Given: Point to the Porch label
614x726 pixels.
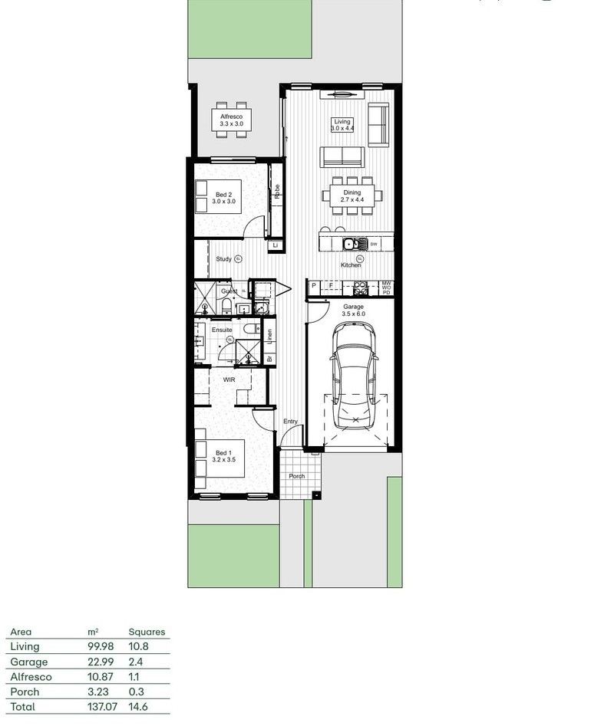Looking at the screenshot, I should pos(297,476).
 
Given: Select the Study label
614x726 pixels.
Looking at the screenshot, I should pos(224,259).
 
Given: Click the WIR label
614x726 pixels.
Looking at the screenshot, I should pos(229,379).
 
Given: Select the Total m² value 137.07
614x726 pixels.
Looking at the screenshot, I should pos(101,706).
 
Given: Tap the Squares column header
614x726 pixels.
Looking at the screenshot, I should pos(146,632).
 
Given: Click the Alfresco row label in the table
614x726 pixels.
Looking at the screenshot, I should pos(31,677).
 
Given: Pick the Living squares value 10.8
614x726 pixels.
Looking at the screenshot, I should pos(138,647).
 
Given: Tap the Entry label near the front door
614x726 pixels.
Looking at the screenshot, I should pos(290,422).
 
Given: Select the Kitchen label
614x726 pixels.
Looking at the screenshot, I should pos(351,264).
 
